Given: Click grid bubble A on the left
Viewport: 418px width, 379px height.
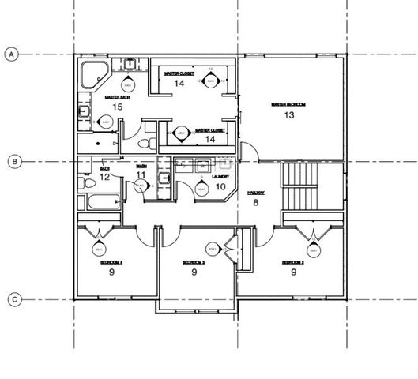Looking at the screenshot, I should (12, 54).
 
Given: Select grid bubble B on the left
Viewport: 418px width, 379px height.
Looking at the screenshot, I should (12, 162).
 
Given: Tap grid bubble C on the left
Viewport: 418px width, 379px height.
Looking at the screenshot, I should (12, 299).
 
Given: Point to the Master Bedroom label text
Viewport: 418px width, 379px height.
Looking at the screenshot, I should (288, 103).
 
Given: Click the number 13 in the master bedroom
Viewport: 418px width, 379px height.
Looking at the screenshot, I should (289, 115).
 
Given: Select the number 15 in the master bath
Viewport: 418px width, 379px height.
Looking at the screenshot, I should (117, 106).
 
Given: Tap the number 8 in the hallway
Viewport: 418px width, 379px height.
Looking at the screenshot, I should (255, 202).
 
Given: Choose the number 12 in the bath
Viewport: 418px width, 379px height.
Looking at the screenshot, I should (105, 177).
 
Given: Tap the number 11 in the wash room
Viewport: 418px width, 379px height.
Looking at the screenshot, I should (141, 175).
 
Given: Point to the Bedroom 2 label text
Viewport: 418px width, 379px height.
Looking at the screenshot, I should (293, 261).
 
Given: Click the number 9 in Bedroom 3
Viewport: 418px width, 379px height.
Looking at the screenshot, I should (194, 272).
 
